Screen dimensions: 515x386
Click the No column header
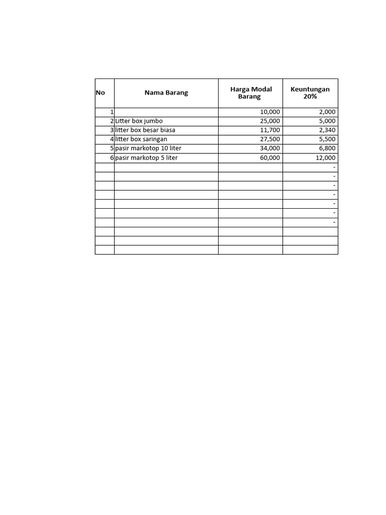[101, 93]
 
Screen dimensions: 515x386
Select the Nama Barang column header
[166, 93]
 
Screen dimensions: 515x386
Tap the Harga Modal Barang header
[251, 93]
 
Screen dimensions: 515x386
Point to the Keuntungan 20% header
[310, 93]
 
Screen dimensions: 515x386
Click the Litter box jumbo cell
[139, 121]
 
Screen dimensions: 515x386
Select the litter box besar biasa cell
[145, 130]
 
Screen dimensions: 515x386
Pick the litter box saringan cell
[141, 139]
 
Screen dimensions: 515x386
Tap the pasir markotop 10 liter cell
[148, 148]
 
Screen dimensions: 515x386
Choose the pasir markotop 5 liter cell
[146, 158]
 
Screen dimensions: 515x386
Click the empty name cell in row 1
[166, 112]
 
